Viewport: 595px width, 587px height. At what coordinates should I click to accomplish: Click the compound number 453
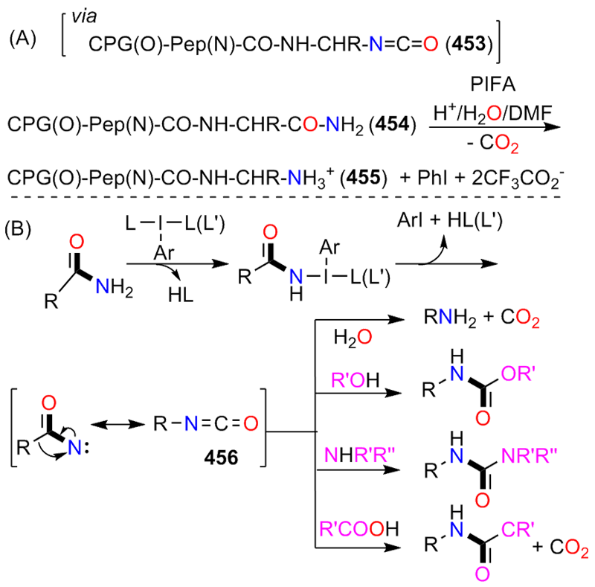469,44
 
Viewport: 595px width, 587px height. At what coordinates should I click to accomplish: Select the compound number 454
393,124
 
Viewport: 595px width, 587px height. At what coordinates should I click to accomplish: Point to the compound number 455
364,177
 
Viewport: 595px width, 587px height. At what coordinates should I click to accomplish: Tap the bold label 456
221,457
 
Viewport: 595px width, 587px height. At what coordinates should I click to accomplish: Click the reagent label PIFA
493,84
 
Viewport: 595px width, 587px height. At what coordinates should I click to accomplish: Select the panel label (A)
23,39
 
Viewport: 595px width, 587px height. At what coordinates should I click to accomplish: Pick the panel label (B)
18,229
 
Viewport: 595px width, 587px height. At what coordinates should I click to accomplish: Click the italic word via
84,16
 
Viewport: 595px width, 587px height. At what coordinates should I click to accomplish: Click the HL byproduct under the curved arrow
181,295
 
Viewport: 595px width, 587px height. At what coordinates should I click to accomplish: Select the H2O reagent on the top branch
353,337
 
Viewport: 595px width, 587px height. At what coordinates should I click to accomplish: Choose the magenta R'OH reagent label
356,379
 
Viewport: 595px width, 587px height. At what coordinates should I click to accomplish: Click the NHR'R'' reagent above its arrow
360,455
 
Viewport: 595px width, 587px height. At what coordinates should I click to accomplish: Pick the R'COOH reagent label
359,528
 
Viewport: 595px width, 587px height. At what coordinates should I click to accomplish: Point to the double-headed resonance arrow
118,425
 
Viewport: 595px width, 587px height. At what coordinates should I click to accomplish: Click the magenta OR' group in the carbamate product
518,374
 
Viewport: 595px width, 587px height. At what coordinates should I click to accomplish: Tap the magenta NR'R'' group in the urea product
529,455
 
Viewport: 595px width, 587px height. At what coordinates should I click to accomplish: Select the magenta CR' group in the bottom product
518,528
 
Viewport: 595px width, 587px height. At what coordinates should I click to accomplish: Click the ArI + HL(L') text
450,219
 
